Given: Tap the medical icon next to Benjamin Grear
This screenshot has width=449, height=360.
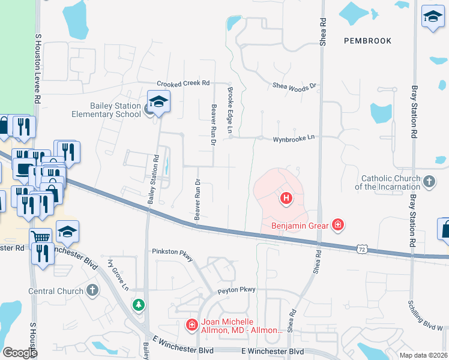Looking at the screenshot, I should pos(338,225).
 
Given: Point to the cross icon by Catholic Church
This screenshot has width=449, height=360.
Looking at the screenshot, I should pos(429,181).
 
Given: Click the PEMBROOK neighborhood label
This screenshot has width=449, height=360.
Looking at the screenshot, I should pos(368,41).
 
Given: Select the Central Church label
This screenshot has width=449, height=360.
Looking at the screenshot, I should pos(56,292).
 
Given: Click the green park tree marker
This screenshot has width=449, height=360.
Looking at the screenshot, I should pos(139,305).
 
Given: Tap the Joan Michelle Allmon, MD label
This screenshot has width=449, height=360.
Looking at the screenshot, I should pos(242,326).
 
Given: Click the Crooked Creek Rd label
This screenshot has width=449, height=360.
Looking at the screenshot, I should pos(182,83).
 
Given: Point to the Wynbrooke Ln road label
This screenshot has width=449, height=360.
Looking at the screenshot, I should pos(294,137).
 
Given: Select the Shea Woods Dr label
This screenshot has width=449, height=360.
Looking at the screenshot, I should pos(294,87).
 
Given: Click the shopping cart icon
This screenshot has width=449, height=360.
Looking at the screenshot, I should pos(41,236).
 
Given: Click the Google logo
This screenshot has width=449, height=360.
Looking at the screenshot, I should pos(20,353).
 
